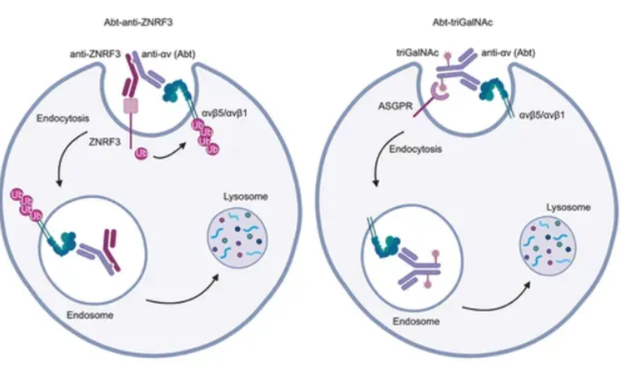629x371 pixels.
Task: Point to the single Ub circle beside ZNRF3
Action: (140, 154)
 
